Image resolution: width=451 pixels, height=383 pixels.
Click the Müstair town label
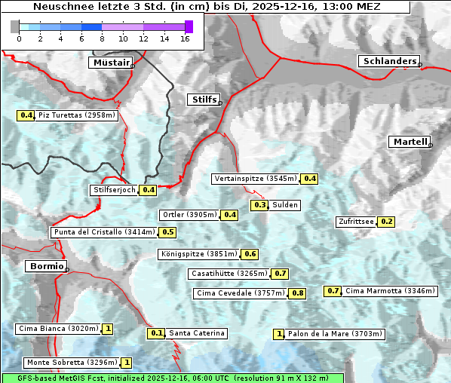111,63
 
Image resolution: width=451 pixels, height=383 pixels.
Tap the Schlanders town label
389,61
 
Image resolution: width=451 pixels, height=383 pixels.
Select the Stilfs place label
204,100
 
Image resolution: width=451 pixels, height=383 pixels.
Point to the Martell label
410,142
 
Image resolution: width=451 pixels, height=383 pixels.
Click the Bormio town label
45,266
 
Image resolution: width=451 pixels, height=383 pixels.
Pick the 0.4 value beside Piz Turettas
26,115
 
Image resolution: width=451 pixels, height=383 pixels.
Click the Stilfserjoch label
115,190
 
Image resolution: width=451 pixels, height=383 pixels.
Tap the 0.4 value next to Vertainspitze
310,179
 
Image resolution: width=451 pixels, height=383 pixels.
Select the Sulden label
286,205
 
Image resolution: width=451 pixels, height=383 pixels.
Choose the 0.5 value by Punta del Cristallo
168,232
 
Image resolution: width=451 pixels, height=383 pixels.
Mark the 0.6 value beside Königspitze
250,254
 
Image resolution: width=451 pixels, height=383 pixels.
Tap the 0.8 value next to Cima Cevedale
298,293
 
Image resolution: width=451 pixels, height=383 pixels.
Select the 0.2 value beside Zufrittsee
386,222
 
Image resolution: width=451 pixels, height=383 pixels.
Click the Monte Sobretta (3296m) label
71,363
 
